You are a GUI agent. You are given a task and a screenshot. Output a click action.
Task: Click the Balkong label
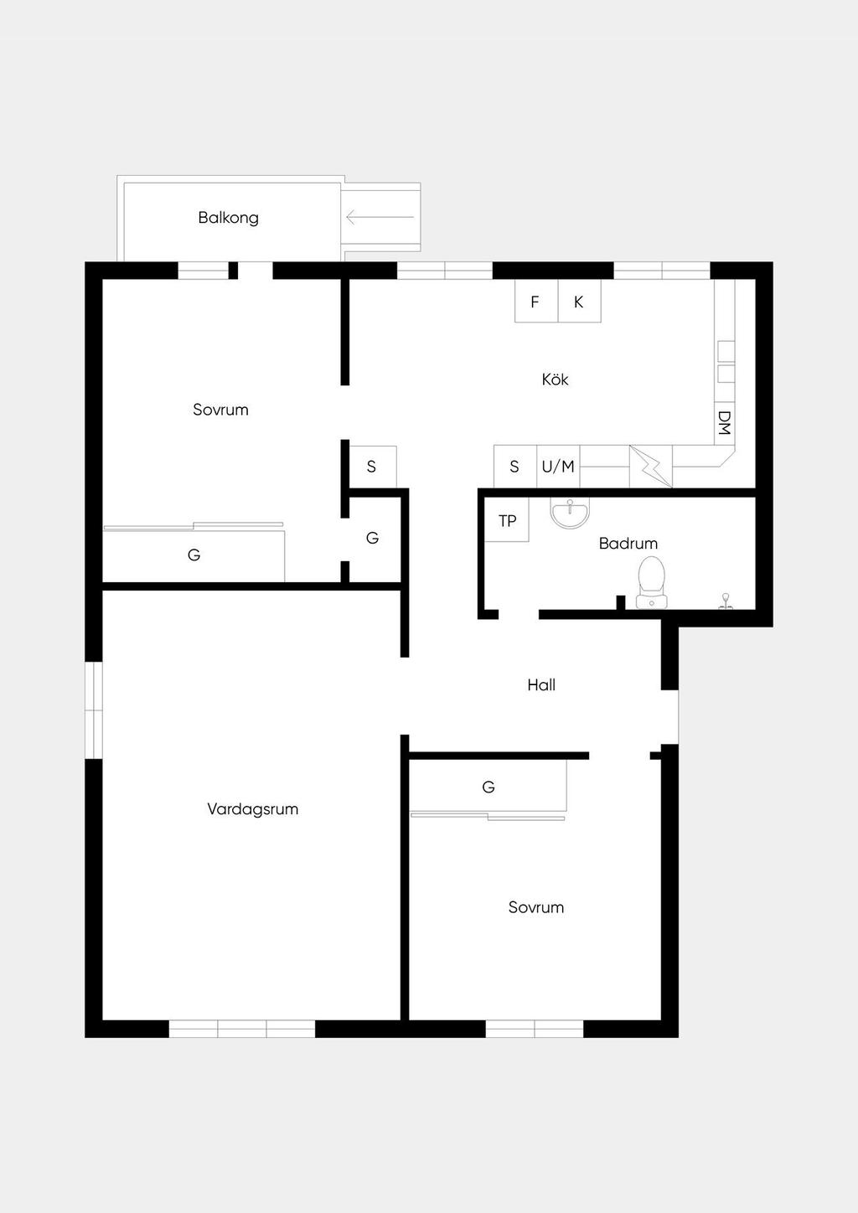tap(228, 218)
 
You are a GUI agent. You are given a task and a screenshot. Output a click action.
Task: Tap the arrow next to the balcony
tap(380, 217)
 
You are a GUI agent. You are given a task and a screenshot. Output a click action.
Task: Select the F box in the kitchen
tap(536, 301)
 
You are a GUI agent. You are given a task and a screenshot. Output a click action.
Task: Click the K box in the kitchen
tap(579, 301)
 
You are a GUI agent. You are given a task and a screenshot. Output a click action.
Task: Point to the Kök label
tap(555, 379)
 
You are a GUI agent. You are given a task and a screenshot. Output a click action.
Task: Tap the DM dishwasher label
tap(724, 423)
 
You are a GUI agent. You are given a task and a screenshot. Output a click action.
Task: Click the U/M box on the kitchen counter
tap(558, 467)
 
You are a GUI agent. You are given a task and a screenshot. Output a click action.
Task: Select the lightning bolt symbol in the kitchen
tap(650, 467)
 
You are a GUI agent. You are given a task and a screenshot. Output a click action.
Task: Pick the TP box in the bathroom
tap(507, 520)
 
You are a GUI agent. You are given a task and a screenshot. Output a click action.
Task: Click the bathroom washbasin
tap(570, 513)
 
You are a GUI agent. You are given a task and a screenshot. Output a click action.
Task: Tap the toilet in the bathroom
tap(652, 582)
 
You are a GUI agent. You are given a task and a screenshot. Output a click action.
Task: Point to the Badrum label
tap(628, 543)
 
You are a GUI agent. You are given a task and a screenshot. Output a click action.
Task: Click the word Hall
tap(541, 685)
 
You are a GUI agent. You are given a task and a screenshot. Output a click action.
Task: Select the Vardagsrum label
tap(252, 809)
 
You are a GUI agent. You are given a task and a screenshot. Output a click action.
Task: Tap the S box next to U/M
tap(515, 467)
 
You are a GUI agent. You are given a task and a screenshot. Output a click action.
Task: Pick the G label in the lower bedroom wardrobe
tap(488, 787)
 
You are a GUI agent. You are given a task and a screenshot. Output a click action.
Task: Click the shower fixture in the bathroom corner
tap(726, 601)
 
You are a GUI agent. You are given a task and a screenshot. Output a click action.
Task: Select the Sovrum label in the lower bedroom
tap(535, 907)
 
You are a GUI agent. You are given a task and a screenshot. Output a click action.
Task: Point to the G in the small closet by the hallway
tap(372, 538)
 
